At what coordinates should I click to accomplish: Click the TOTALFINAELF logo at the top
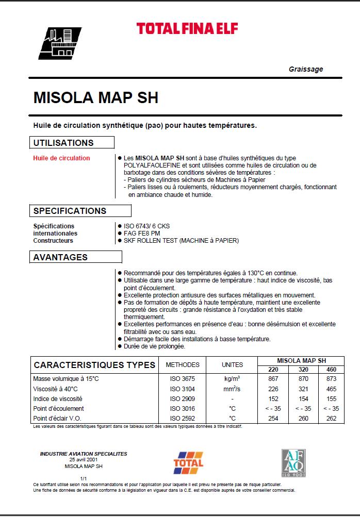tap(187, 28)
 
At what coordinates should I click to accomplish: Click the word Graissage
tap(306, 70)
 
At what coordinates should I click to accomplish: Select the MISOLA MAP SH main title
tap(95, 98)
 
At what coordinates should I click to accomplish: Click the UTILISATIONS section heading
tap(63, 143)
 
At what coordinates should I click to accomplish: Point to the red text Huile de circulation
tap(61, 158)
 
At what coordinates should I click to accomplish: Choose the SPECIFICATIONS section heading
tap(70, 211)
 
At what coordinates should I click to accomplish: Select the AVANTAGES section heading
tap(60, 257)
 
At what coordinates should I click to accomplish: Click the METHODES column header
tap(182, 365)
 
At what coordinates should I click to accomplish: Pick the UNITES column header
tap(232, 365)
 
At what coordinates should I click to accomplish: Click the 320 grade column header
tap(303, 370)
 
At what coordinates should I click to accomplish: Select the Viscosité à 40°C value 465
tap(331, 389)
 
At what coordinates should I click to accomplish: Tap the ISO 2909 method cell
tap(182, 398)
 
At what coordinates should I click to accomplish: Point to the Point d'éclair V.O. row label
tap(57, 418)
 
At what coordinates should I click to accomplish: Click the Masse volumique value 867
tap(273, 379)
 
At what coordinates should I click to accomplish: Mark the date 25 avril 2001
tap(84, 459)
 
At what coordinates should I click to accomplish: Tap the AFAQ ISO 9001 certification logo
tap(294, 462)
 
